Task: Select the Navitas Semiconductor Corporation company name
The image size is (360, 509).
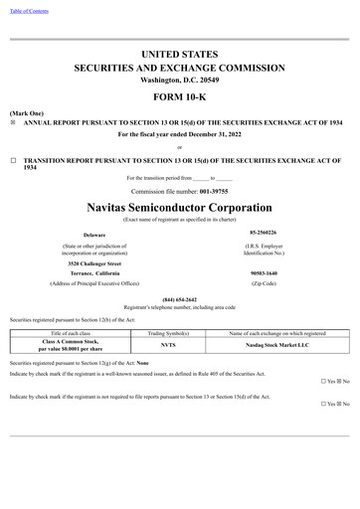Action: [180, 205]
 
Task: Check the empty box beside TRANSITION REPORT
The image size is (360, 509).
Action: [13, 159]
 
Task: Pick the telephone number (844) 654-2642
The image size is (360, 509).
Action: [180, 299]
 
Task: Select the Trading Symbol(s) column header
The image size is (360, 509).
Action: [168, 333]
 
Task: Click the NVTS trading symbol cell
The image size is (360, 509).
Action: [168, 345]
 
